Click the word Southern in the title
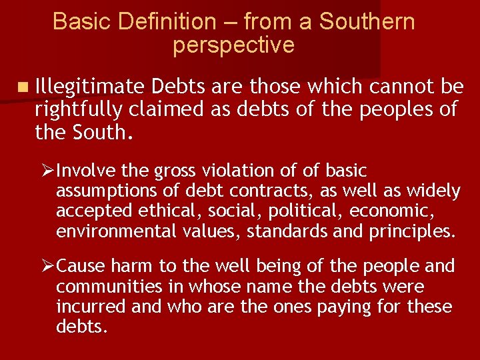[x=367, y=22]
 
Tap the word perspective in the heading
[x=233, y=45]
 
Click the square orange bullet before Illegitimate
[x=24, y=87]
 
